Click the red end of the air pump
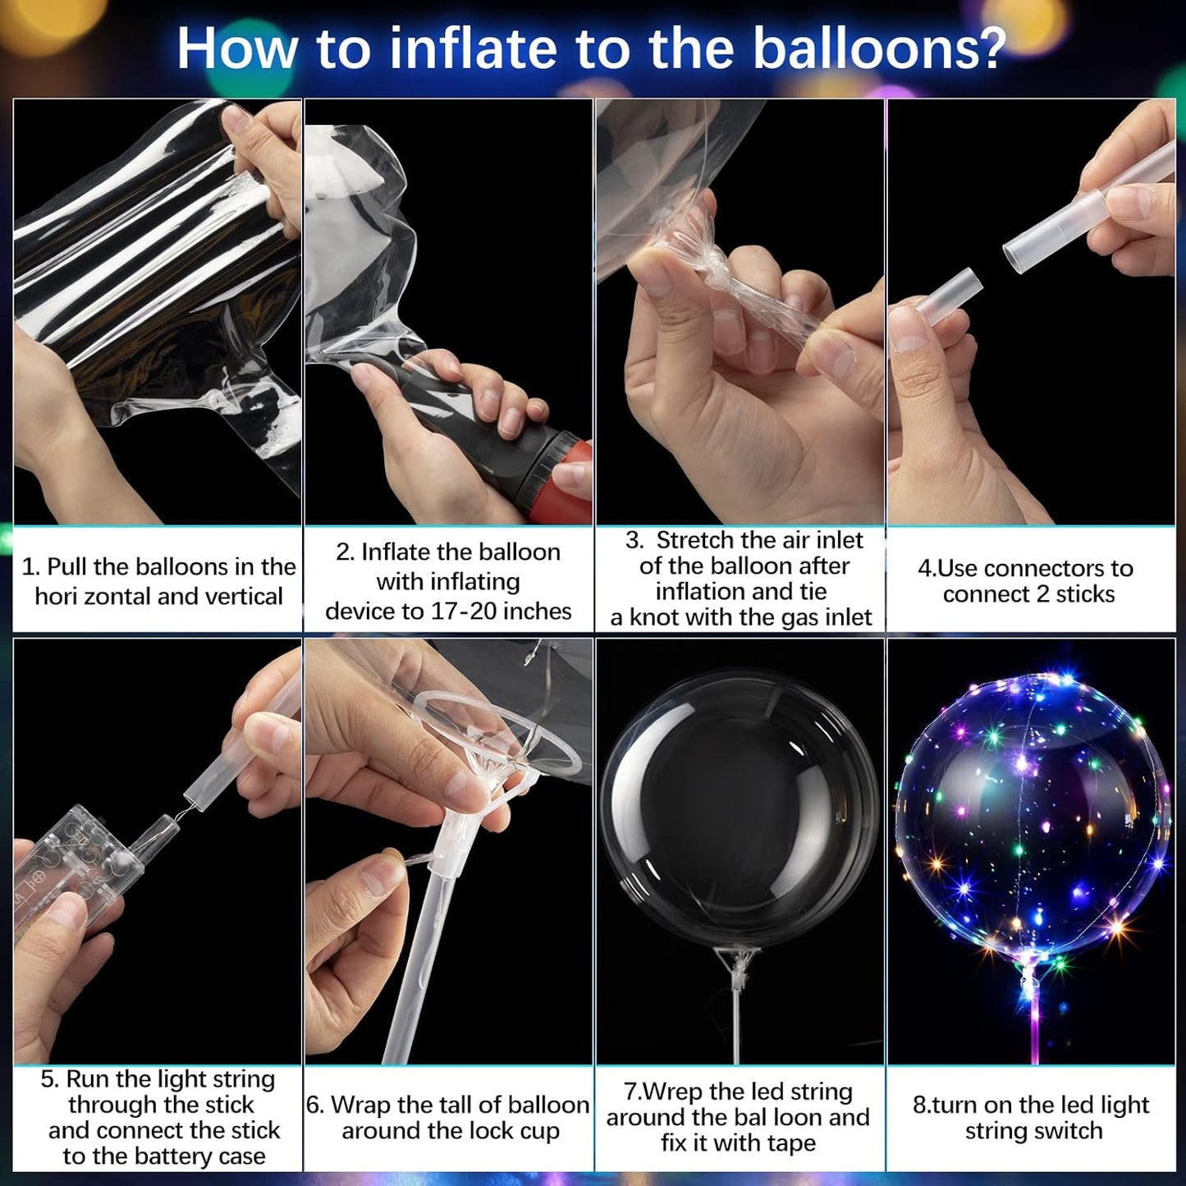point(575,476)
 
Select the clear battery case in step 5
point(78,862)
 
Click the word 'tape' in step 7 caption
point(789,1143)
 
